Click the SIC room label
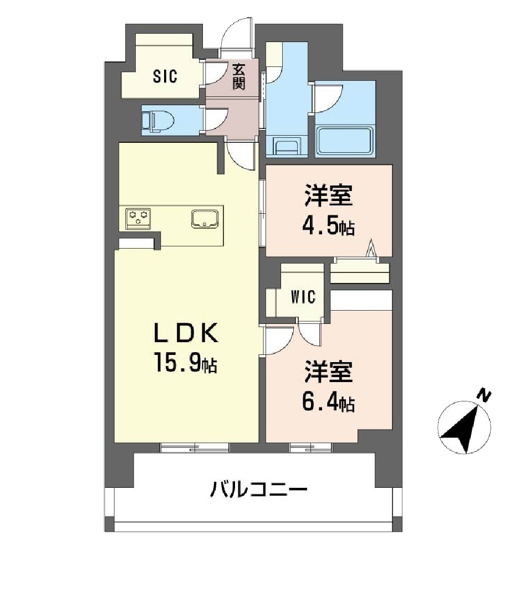coord(165,77)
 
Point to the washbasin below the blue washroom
coord(288,147)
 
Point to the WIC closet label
coord(303,297)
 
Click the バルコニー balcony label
coord(258,490)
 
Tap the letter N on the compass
coord(485,395)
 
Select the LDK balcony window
coord(195,447)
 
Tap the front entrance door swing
coord(237,37)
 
